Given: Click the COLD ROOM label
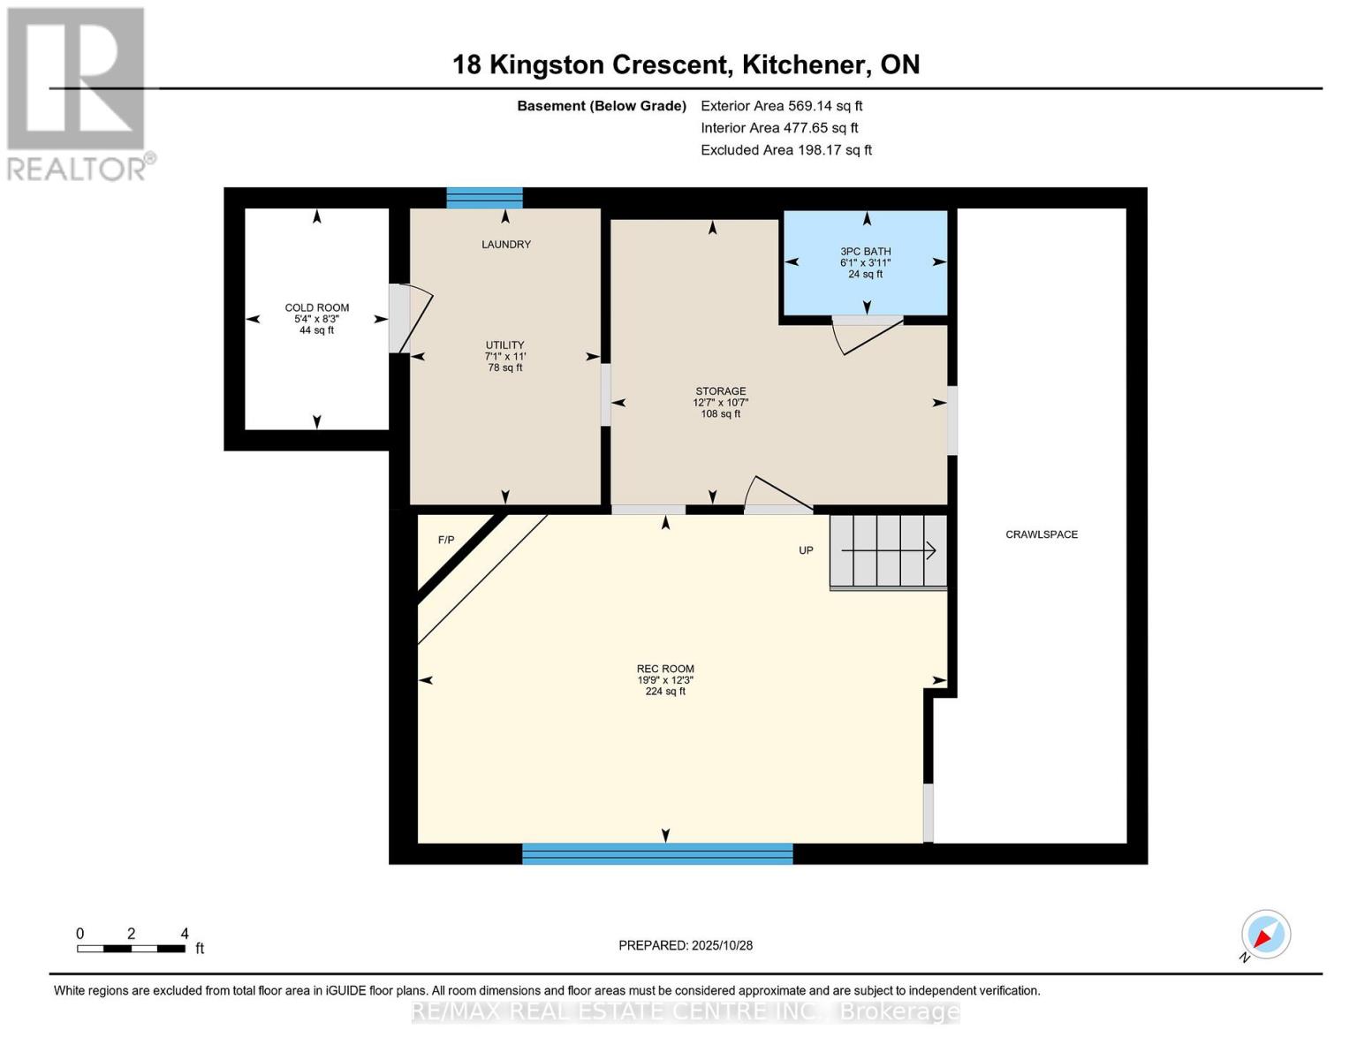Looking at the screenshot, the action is coord(316,307).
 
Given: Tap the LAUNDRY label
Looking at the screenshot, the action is coord(505,245).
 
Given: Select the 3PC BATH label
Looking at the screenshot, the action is coord(865,251).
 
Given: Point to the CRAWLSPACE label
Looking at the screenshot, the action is coord(1042,534).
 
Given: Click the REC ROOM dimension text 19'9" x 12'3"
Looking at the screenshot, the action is coord(665,680).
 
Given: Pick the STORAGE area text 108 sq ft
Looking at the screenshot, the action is coord(720,413).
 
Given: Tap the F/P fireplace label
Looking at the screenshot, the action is coord(446,540).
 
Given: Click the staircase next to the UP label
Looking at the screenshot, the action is coord(888,552).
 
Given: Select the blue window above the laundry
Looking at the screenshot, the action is coord(484,198).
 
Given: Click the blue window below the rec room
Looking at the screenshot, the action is coord(657,853).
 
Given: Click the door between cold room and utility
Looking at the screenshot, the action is coord(411,318).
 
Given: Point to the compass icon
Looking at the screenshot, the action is coord(1265,935).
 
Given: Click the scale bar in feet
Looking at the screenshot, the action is coord(132,948).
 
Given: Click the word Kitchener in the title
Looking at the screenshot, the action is coord(803,65).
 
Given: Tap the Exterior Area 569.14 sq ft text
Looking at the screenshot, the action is coord(781,106).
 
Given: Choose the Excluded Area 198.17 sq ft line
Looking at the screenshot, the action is coord(786,150).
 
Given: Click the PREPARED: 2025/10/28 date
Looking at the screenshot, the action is coord(686,946).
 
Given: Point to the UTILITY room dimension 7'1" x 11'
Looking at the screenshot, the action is coord(505,356).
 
